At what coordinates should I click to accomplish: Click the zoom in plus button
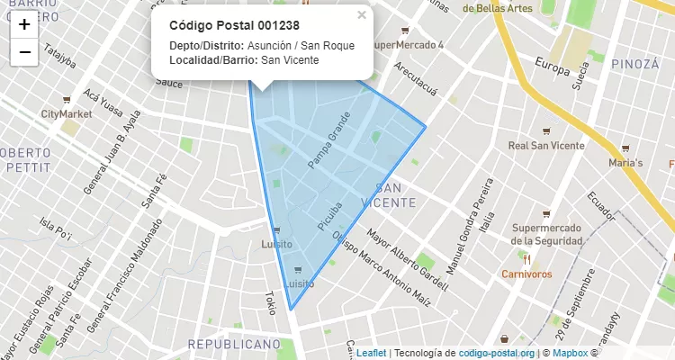pyautogui.click(x=24, y=24)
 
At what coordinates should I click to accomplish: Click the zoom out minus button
pyautogui.click(x=24, y=52)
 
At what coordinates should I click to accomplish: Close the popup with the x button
pyautogui.click(x=362, y=14)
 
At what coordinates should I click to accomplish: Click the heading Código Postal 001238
pyautogui.click(x=234, y=26)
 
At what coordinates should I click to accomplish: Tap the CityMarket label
pyautogui.click(x=67, y=114)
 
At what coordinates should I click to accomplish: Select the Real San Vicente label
pyautogui.click(x=546, y=145)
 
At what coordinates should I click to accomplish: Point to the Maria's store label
pyautogui.click(x=625, y=163)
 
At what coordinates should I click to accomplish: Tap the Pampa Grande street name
pyautogui.click(x=328, y=145)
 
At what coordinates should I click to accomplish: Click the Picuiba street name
pyautogui.click(x=330, y=212)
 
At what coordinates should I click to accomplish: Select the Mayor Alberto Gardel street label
pyautogui.click(x=407, y=260)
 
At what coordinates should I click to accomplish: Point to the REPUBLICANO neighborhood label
pyautogui.click(x=234, y=345)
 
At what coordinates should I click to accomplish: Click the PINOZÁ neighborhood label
pyautogui.click(x=634, y=64)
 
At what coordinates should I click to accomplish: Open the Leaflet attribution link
pyautogui.click(x=371, y=353)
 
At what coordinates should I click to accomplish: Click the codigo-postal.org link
pyautogui.click(x=497, y=353)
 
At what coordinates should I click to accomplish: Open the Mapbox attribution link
pyautogui.click(x=570, y=353)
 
